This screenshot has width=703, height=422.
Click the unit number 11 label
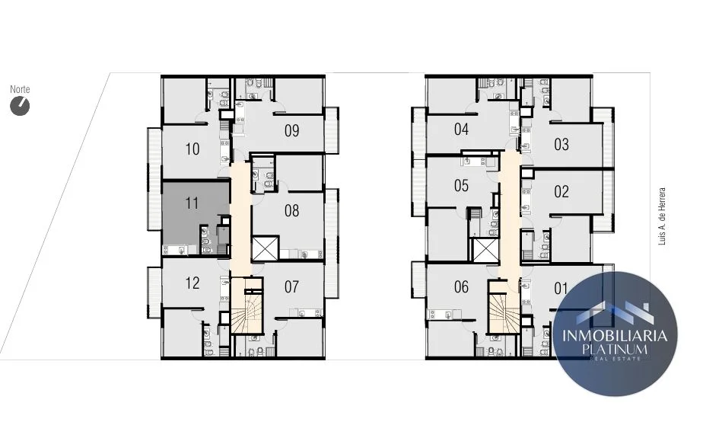coord(192,203)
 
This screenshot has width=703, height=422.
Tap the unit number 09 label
coord(292,131)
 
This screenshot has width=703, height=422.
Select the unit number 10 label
coord(192,149)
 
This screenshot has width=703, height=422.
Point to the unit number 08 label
coord(292,210)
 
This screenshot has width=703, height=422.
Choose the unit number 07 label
coord(292,287)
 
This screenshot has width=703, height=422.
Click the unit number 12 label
coord(192,283)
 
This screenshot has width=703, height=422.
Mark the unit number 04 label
coord(461,129)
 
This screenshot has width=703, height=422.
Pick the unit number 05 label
coord(461,185)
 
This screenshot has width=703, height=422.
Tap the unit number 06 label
coord(461,287)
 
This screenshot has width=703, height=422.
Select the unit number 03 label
coord(561,145)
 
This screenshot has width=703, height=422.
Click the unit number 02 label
coord(561,192)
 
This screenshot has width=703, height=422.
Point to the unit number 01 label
coord(561,288)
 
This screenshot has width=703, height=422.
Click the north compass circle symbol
coord(20,107)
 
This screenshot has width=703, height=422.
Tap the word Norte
coord(20,89)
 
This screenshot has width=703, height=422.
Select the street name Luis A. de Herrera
coord(662,216)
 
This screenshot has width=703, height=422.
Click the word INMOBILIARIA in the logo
coord(615,335)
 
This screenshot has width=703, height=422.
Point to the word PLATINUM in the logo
coord(615,349)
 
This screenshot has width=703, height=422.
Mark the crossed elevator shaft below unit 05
coord(485,251)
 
